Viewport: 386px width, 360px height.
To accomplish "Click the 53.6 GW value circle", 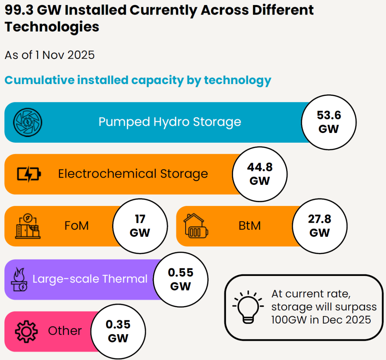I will pos(329,122).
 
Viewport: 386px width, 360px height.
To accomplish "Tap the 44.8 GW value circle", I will pos(260,174).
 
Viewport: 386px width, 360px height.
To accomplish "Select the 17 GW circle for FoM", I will pos(140,226).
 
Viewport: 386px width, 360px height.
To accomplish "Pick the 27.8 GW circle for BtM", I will pos(320,226).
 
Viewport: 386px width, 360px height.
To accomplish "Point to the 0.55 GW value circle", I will pos(180,280).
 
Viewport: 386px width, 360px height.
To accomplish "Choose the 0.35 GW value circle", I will pos(118,331).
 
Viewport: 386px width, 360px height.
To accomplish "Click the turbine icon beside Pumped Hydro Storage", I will pos(28,122).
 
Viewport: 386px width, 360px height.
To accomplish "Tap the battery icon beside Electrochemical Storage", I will pos(29,174).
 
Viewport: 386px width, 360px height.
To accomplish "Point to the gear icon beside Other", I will pos(26,331).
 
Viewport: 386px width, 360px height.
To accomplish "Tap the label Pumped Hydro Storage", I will pos(170,122).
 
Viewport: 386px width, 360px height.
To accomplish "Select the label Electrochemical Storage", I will pos(133,174).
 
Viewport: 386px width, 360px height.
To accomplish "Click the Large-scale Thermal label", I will pos(90,279).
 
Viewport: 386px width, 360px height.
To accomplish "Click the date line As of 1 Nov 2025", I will pos(50,55).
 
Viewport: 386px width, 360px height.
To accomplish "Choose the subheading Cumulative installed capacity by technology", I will pos(138,80).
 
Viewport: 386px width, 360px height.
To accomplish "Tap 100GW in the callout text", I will pos(289,319).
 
